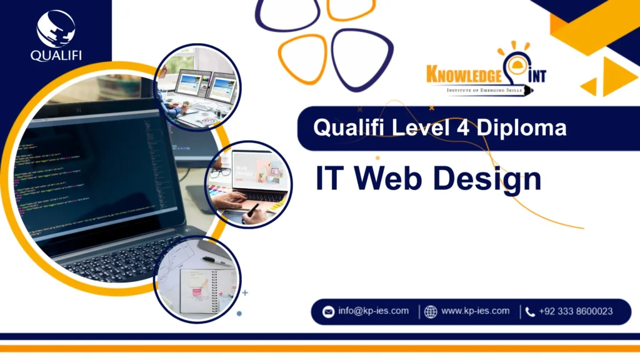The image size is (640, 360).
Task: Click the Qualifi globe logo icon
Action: [56, 28]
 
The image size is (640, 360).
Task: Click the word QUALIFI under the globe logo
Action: [56, 55]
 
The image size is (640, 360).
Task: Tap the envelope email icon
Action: [328, 311]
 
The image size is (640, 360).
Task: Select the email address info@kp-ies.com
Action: [374, 311]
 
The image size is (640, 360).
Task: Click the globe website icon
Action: [431, 311]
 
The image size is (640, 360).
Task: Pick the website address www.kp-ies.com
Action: [475, 311]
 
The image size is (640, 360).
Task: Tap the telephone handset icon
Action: [530, 311]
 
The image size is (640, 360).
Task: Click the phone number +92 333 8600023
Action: [576, 311]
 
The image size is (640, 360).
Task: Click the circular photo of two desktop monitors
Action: [197, 87]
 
